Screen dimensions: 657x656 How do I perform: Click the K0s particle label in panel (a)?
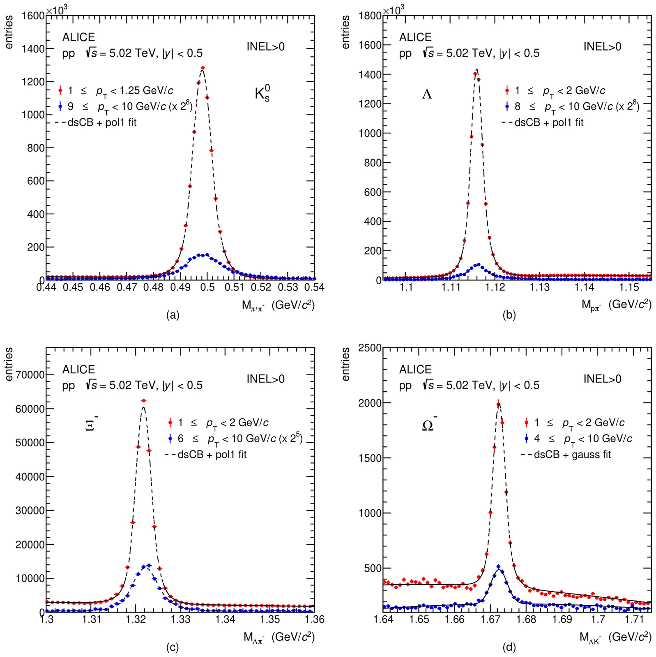262,94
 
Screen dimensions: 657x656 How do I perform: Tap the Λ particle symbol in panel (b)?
427,94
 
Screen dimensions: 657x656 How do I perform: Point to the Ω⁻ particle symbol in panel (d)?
429,425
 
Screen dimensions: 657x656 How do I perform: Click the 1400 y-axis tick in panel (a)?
33,49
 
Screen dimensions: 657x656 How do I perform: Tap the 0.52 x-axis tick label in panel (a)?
261,287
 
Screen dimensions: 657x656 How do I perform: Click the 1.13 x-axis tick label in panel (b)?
539,287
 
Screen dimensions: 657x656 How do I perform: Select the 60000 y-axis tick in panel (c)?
30,409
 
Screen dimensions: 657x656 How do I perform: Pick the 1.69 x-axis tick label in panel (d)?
562,619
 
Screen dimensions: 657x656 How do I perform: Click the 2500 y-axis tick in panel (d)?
370,348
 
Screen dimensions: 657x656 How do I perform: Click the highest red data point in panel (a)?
203,68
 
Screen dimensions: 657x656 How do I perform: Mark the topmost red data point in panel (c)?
143,400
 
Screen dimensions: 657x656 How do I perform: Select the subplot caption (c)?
172,648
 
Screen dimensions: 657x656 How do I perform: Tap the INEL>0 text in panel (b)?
602,47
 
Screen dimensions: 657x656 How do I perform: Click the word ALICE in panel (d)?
415,370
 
